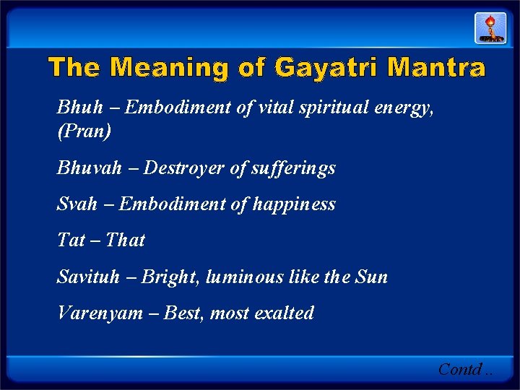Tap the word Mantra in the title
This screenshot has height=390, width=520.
(436, 68)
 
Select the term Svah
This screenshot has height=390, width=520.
(77, 204)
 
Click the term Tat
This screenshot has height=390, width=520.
(71, 240)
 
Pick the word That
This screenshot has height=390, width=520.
(125, 240)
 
